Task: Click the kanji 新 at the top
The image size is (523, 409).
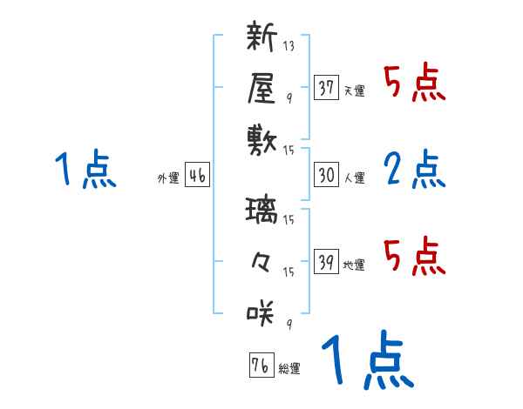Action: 261,37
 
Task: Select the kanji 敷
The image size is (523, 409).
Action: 261,137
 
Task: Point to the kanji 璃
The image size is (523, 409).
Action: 261,212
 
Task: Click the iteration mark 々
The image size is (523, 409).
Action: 261,261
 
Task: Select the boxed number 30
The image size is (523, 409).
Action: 327,175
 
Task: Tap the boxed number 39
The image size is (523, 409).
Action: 327,262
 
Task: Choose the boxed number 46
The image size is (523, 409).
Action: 197,175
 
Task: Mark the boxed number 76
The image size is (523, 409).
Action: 260,365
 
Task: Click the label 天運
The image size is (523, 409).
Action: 354,91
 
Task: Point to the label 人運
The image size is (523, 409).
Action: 354,178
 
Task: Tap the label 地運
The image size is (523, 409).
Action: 354,265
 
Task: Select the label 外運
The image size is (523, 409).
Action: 168,178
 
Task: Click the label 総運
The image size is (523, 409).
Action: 289,369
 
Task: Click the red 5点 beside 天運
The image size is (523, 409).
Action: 414,83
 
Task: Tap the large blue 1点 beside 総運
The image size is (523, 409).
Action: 367,360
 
